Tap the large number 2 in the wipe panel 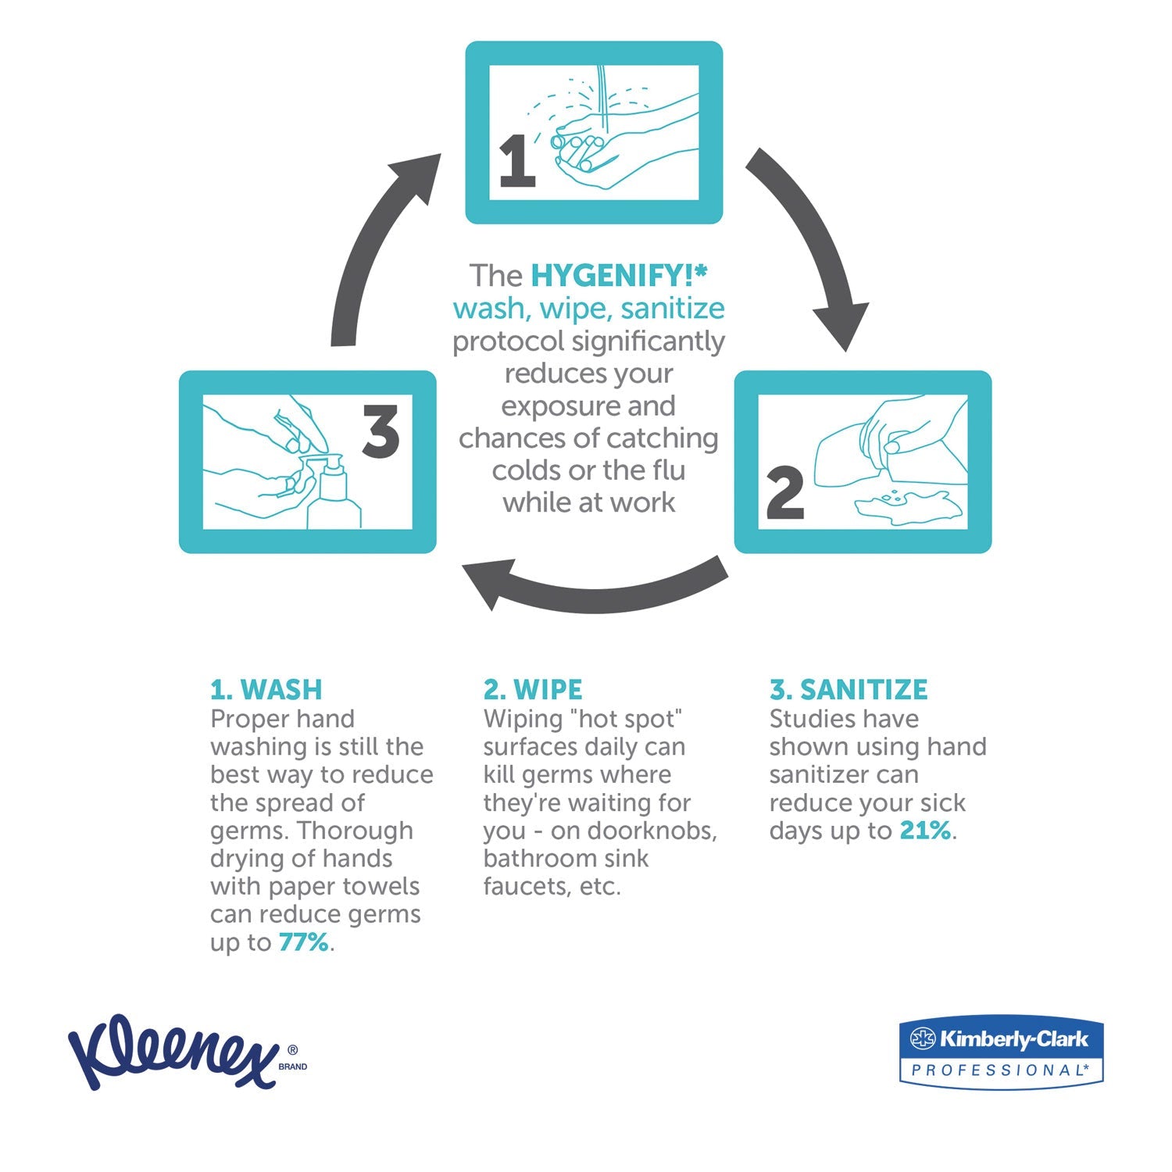784,493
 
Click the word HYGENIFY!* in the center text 619,275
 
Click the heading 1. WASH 266,689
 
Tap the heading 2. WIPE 533,689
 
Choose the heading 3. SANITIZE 849,689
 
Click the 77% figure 303,942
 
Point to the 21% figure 925,830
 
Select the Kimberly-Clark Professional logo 1001,1051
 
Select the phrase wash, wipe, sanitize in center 588,308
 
